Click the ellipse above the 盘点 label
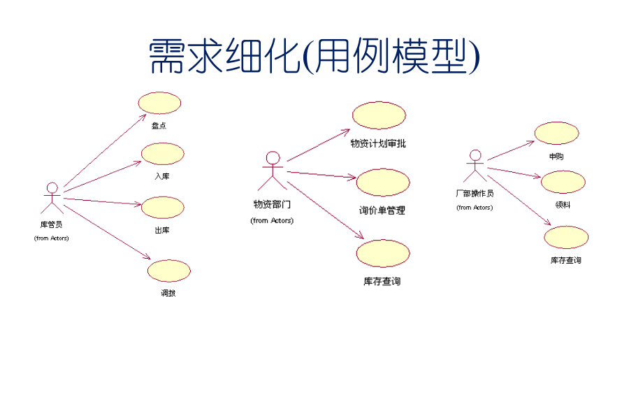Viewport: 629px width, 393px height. point(159,103)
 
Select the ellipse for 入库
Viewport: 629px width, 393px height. point(163,154)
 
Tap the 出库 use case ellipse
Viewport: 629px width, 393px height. point(163,207)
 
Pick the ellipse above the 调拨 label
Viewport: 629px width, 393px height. point(168,271)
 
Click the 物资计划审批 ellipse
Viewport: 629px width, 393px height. point(379,115)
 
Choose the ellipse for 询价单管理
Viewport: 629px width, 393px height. point(383,182)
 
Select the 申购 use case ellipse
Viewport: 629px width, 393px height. point(556,133)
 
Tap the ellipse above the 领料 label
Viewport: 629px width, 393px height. point(563,182)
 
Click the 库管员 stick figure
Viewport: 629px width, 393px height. point(52,198)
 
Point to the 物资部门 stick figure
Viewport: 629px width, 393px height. point(273,171)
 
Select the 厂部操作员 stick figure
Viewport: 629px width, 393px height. point(475,166)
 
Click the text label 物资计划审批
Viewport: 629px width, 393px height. point(378,144)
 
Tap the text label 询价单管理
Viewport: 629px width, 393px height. point(382,210)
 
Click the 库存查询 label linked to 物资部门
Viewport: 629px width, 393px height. point(382,282)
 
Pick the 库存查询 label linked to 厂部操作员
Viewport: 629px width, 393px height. point(565,260)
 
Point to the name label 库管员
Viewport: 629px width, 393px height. point(52,224)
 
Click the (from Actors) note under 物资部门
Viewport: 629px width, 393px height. point(272,220)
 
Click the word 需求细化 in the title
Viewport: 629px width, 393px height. point(224,56)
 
